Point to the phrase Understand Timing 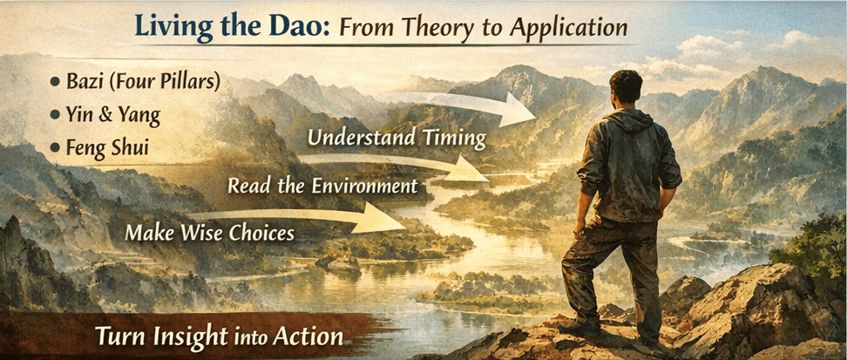pyautogui.click(x=396, y=139)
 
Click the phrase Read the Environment pyautogui.click(x=323, y=186)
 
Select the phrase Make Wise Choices pyautogui.click(x=209, y=233)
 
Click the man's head pyautogui.click(x=625, y=88)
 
